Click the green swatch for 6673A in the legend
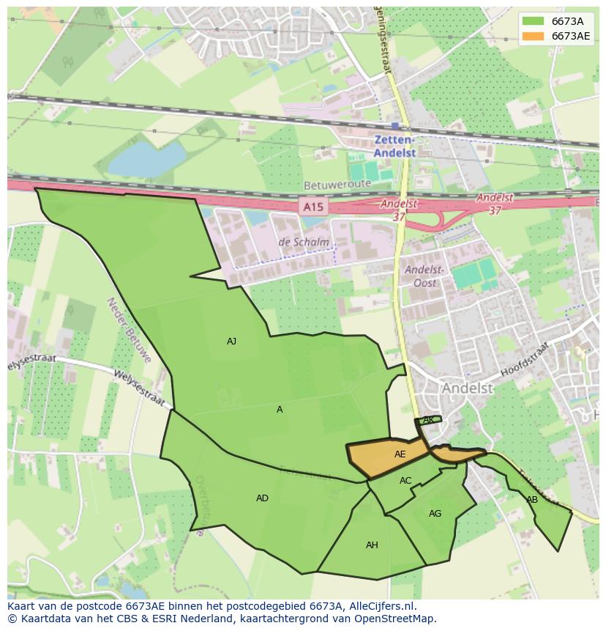point(533,21)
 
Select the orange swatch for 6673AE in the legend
point(533,36)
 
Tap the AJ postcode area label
point(231,342)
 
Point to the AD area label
point(262,498)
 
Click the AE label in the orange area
point(400,454)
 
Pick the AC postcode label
point(405,481)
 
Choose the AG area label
point(435,514)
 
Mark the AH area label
point(372,545)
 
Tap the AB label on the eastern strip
point(532,500)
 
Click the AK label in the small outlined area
point(429,420)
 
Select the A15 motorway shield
point(313,207)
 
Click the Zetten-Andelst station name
point(394,147)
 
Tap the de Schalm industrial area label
point(303,243)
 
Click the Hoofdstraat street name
point(524,360)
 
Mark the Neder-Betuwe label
point(129,330)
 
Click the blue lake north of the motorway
point(146,158)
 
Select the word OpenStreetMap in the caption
point(395,619)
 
